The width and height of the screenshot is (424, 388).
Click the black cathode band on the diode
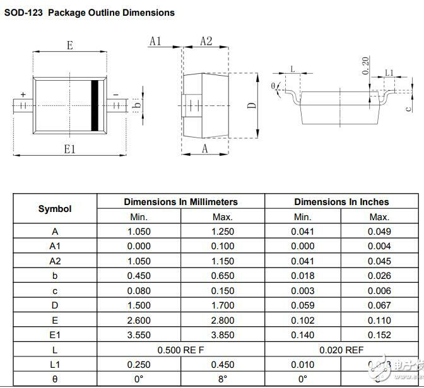[97, 105]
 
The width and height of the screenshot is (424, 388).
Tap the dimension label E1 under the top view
[69, 149]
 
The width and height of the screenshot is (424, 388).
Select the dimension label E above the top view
[69, 45]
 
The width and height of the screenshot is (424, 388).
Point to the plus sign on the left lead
[23, 95]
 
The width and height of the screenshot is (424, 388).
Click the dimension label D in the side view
[251, 105]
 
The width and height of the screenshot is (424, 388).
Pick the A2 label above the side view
[206, 41]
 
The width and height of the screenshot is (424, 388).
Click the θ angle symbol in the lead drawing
[273, 86]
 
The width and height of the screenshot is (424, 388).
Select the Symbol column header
[55, 209]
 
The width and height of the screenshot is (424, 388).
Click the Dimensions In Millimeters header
[180, 202]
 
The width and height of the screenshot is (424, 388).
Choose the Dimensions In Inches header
[341, 202]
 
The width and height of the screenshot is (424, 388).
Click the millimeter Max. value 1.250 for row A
[222, 232]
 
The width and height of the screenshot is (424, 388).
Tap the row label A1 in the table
[55, 246]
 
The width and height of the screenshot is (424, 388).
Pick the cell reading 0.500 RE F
[180, 350]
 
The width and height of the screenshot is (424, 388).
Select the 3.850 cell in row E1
[222, 334]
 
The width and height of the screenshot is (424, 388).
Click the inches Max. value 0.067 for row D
[379, 305]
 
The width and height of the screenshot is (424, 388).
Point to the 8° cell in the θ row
[222, 379]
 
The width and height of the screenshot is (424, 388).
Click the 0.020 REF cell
[341, 350]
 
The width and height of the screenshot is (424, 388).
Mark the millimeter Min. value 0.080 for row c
[139, 290]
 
